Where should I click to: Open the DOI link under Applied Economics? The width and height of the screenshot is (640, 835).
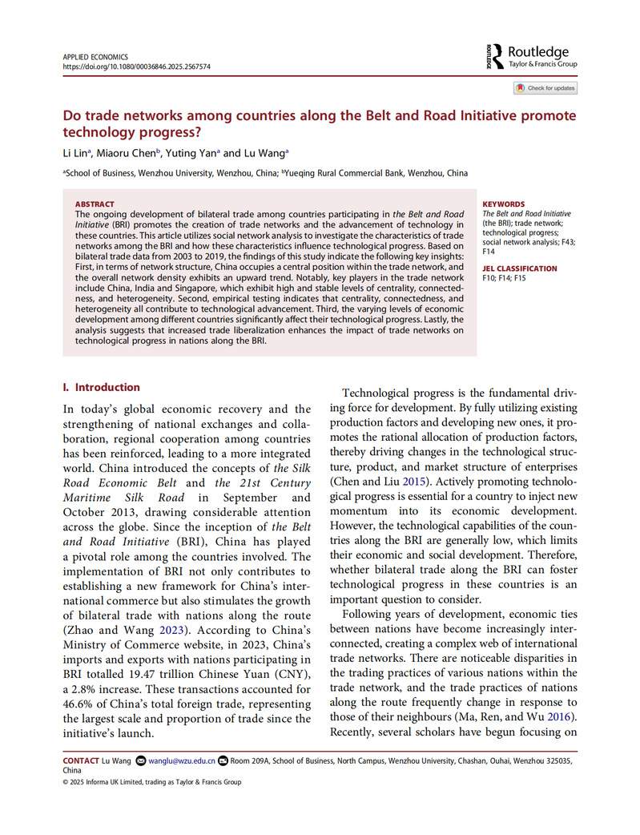[136, 67]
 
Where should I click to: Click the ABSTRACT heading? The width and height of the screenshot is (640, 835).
[95, 204]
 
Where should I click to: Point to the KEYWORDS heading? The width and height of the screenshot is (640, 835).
[504, 204]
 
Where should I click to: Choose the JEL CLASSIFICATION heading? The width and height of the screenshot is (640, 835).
[520, 268]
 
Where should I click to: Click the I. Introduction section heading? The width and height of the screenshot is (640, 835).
[102, 387]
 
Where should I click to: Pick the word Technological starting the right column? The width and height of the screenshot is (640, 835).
[380, 393]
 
